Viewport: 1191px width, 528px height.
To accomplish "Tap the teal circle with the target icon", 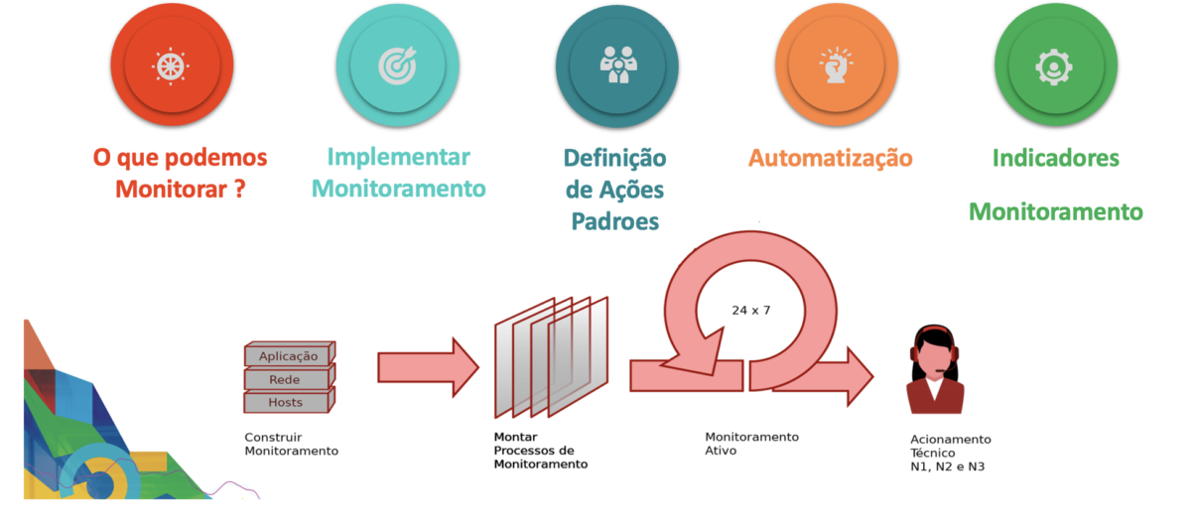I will pos(397,66).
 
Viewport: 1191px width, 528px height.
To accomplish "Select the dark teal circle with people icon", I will pos(616,66).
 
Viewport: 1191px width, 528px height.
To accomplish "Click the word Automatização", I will pos(830,158).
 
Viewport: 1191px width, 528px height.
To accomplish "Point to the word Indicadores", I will pos(1055,158).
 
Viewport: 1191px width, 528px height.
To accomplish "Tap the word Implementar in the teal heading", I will pos(398,157).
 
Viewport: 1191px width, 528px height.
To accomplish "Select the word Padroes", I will pos(615,221).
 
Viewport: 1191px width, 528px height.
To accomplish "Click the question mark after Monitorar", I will pos(239,190).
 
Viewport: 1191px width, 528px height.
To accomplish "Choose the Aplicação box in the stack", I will pos(288,355).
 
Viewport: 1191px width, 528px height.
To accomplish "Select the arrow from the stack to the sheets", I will pos(427,366).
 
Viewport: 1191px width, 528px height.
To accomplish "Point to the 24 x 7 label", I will pos(751,310).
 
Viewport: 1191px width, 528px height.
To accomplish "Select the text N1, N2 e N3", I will pos(955,466).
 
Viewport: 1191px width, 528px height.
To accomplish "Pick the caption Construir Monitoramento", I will pos(291,444).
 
